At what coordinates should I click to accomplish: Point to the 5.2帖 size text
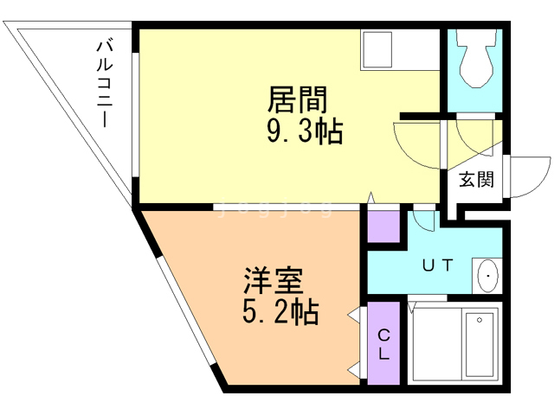tap(279, 310)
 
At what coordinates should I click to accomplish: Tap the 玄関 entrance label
tap(476, 180)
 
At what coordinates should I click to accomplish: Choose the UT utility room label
tap(437, 265)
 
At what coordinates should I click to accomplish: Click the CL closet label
tap(383, 343)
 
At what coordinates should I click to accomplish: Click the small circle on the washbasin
tap(488, 277)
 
